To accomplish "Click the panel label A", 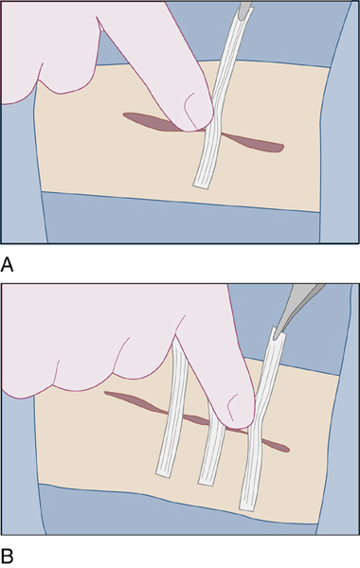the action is pyautogui.click(x=7, y=265).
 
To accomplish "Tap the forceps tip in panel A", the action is pyautogui.click(x=243, y=8).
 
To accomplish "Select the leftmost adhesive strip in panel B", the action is pyautogui.click(x=172, y=407).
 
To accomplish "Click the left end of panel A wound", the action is pyautogui.click(x=124, y=115).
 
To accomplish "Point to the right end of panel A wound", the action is pyautogui.click(x=282, y=148).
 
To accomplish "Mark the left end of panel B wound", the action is pyautogui.click(x=105, y=393).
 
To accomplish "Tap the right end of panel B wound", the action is pyautogui.click(x=288, y=450).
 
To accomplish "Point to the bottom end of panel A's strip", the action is pyautogui.click(x=202, y=185).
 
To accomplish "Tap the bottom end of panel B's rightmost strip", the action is pyautogui.click(x=248, y=506).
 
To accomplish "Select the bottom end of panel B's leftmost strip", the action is pyautogui.click(x=164, y=472).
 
